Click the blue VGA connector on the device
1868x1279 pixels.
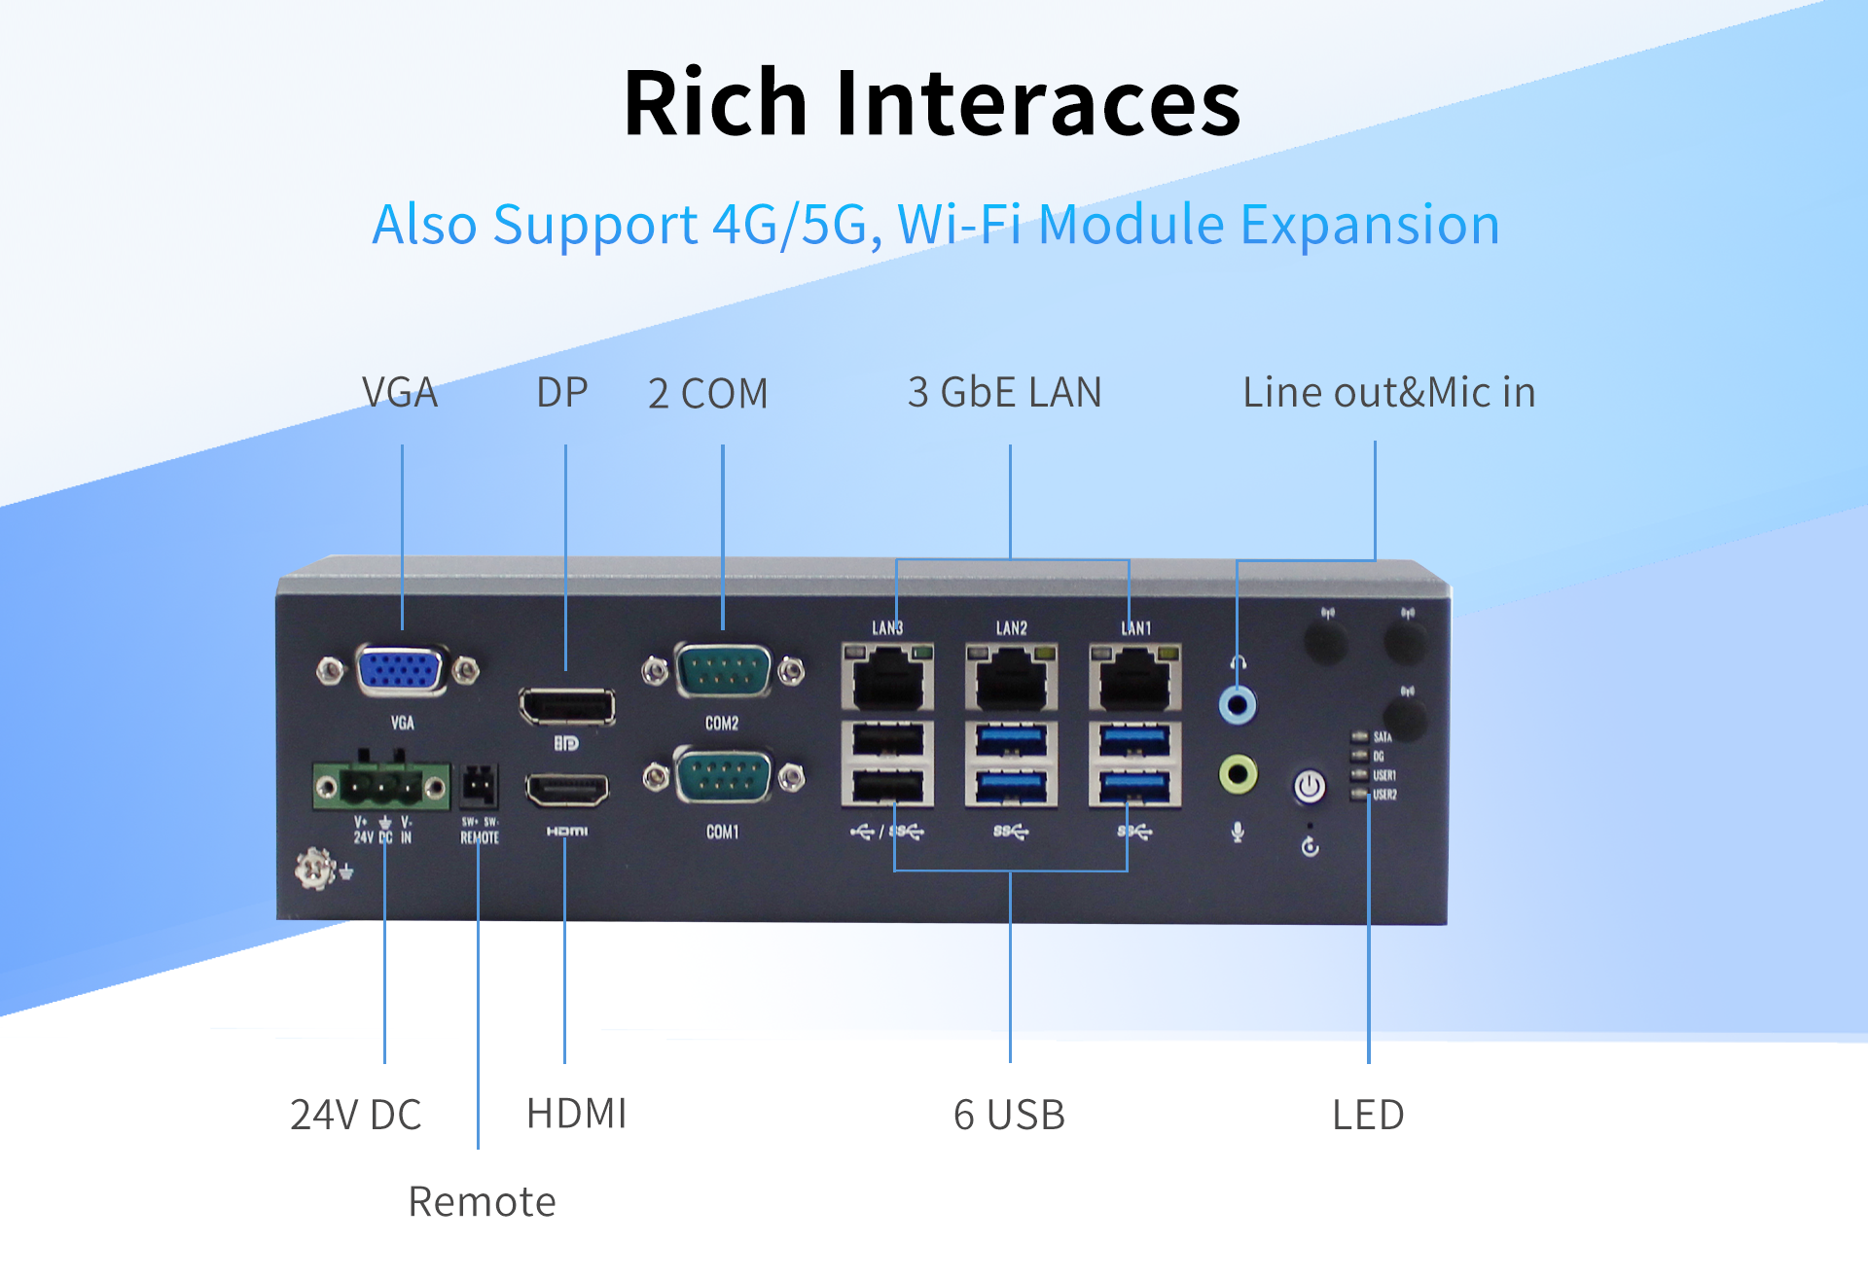400,670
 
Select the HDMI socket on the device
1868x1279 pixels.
567,789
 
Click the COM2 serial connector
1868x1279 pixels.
723,670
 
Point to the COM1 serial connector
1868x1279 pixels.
723,777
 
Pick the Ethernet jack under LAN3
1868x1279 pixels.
887,678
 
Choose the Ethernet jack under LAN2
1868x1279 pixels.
1011,678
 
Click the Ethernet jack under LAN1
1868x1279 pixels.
1135,678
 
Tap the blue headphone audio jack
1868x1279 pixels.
1238,704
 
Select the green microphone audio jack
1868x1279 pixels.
1238,774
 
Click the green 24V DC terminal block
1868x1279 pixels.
381,785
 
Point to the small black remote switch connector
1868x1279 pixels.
479,785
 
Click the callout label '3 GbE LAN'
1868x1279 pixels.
1004,393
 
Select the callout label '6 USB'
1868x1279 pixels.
1009,1115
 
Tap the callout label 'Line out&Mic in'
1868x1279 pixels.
1389,393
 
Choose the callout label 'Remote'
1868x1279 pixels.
482,1202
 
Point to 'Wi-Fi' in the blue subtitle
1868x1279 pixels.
958,225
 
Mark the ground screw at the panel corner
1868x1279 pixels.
315,868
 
